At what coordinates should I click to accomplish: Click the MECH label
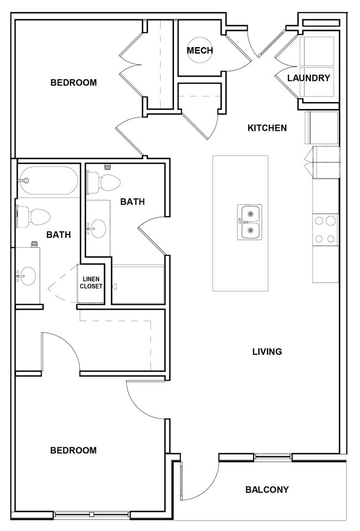[199, 51]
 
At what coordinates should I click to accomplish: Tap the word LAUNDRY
[308, 78]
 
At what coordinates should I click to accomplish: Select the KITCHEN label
[267, 128]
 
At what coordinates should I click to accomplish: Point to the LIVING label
[267, 351]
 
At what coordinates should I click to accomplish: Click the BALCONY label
[267, 489]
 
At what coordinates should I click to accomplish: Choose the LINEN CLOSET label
[91, 283]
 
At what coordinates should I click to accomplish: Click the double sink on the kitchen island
[249, 222]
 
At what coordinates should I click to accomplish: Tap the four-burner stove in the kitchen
[325, 229]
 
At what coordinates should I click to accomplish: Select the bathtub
[48, 180]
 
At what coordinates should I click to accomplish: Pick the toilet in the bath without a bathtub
[104, 181]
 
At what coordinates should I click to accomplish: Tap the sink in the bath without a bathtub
[97, 228]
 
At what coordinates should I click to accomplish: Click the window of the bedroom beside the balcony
[92, 515]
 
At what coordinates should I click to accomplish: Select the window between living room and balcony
[272, 457]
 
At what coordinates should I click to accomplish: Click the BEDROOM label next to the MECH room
[74, 83]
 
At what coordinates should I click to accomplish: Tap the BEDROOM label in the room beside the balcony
[74, 451]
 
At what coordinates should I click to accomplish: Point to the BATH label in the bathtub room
[58, 234]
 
